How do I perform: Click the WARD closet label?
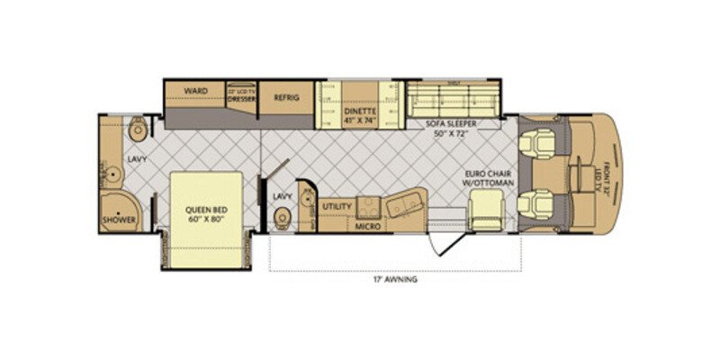tap(195, 91)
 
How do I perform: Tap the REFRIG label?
tap(287, 97)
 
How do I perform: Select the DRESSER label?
tap(241, 100)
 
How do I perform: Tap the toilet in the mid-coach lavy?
tap(282, 216)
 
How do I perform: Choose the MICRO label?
tap(366, 227)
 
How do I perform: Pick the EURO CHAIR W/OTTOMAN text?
tap(489, 176)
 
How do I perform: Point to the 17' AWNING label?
tap(397, 279)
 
